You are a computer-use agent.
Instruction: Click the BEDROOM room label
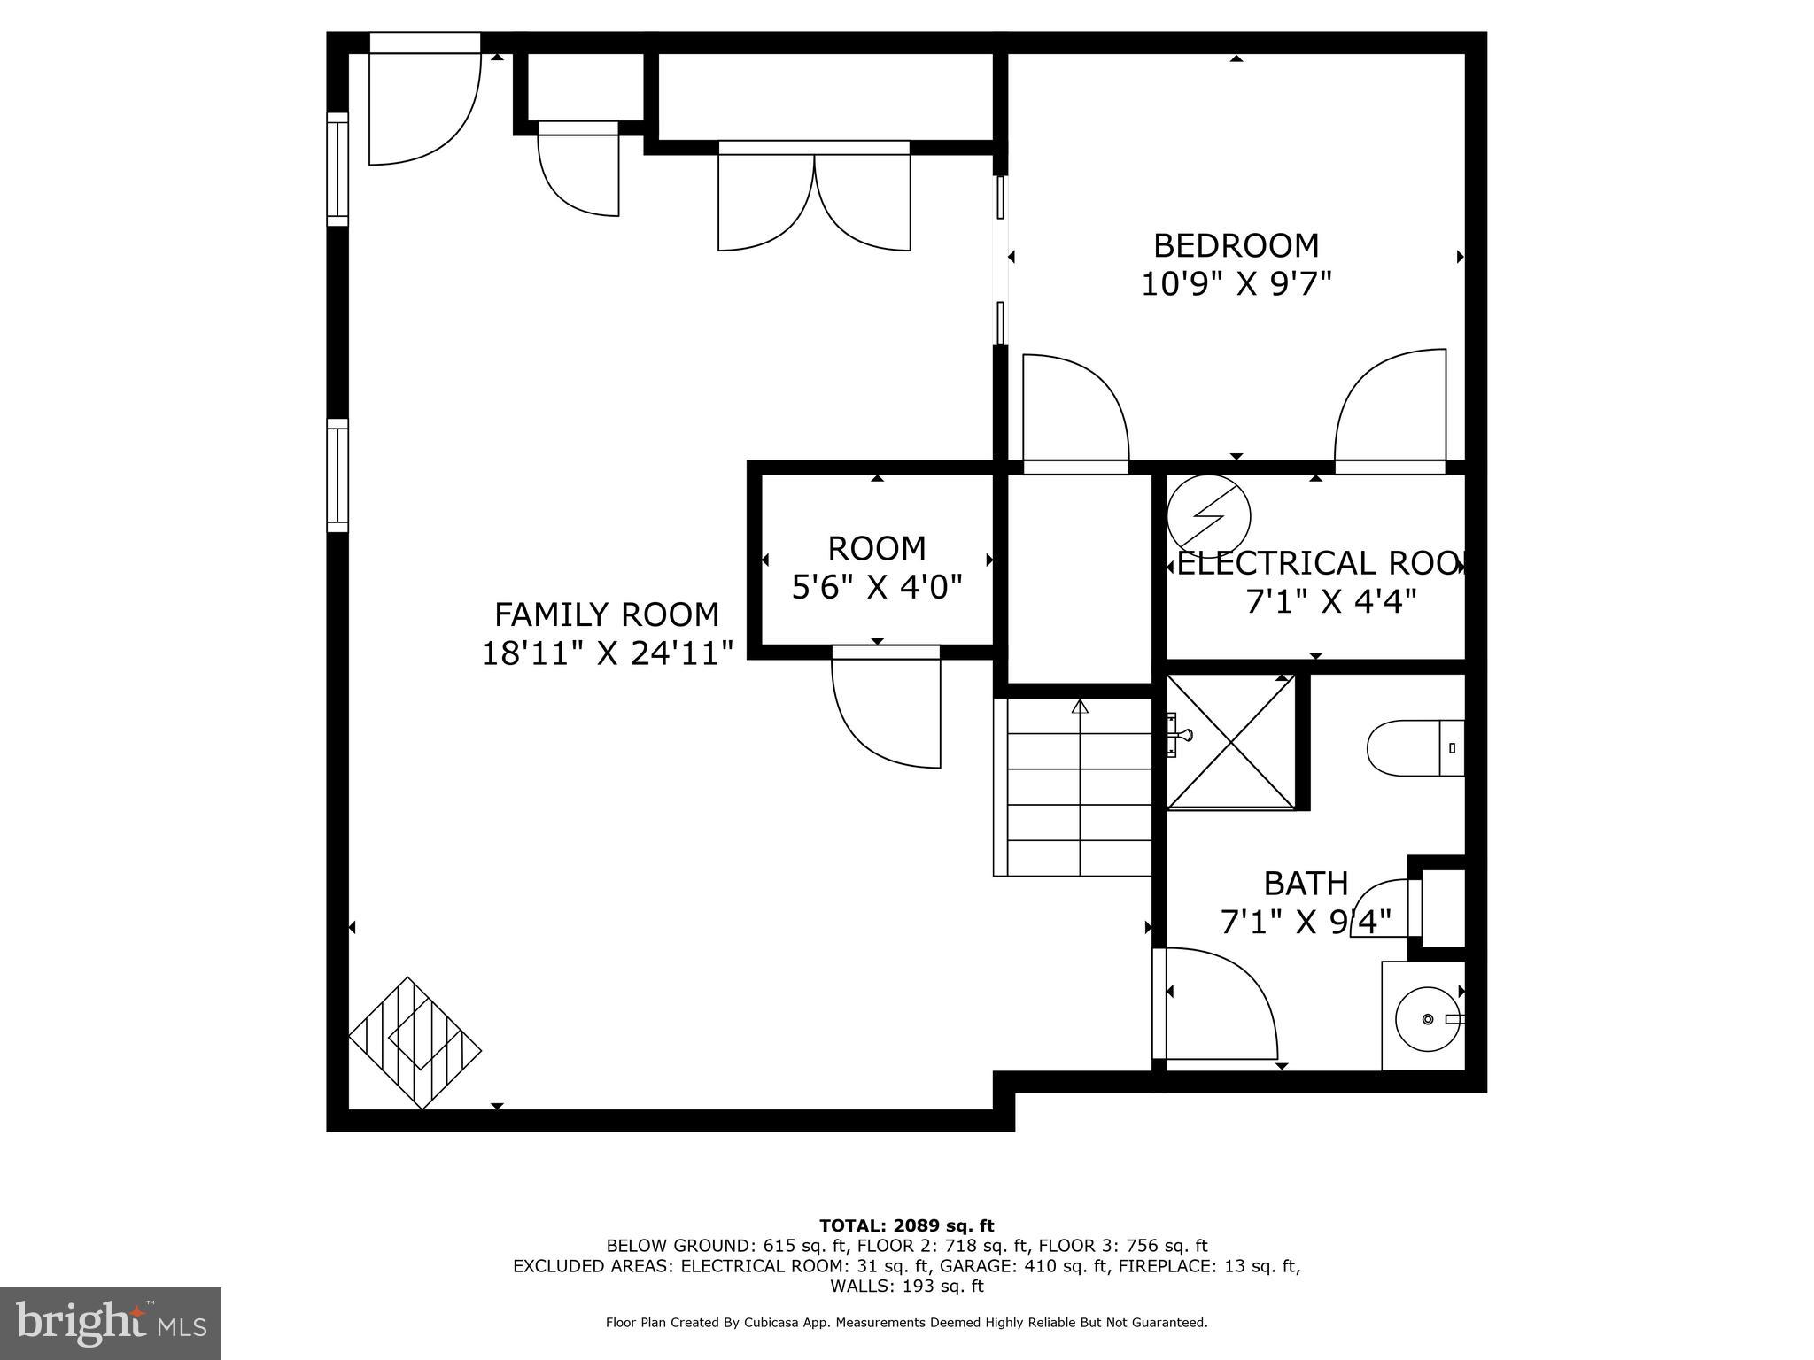(x=1236, y=245)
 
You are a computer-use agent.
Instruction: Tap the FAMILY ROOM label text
(x=606, y=614)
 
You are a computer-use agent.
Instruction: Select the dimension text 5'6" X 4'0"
(x=876, y=586)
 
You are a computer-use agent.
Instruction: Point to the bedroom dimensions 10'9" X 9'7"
(x=1236, y=284)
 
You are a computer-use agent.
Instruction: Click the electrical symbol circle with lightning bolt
(x=1208, y=515)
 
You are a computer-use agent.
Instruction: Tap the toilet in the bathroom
(x=1415, y=748)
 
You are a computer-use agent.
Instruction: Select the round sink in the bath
(x=1427, y=1019)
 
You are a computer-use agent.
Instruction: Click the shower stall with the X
(x=1231, y=742)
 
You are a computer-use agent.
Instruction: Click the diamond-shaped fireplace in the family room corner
(x=415, y=1043)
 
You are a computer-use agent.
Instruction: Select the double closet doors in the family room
(x=814, y=199)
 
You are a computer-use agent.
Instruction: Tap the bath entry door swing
(x=1218, y=1005)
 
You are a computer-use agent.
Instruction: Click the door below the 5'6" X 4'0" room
(x=886, y=708)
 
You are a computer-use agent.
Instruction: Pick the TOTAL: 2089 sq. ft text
(x=906, y=1225)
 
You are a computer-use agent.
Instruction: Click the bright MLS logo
(x=111, y=1325)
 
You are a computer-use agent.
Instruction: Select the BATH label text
(x=1305, y=884)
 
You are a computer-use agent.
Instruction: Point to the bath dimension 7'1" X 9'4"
(x=1305, y=923)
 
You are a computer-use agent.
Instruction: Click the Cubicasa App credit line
(x=906, y=1322)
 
